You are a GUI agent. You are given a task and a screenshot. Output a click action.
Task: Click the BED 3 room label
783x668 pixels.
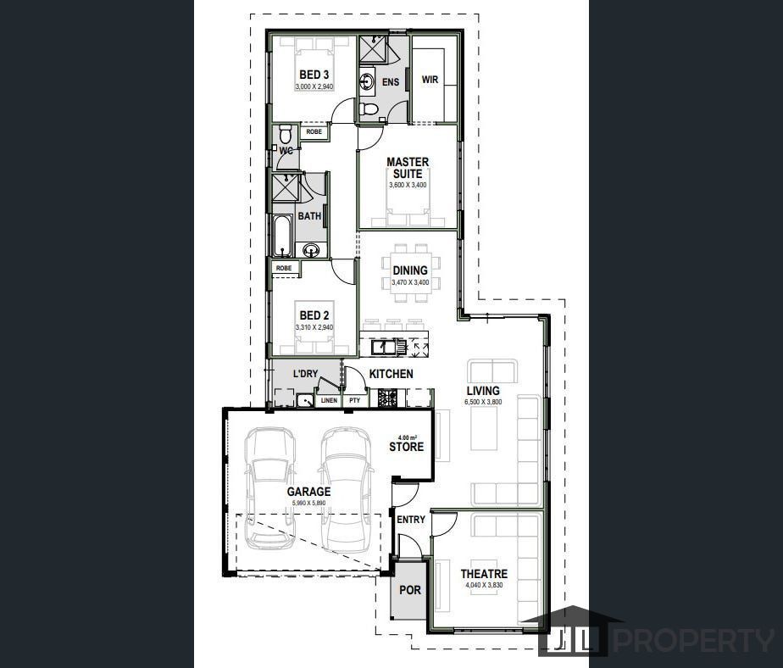[314, 75]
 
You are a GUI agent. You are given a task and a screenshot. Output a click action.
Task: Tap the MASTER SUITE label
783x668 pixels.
[408, 168]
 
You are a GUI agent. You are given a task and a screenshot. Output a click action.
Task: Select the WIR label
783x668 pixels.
[430, 80]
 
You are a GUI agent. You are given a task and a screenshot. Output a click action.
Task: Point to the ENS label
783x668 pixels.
[390, 82]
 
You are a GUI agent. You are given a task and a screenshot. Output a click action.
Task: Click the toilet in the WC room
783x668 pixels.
[286, 135]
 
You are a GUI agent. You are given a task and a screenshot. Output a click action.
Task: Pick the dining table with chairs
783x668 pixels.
[409, 271]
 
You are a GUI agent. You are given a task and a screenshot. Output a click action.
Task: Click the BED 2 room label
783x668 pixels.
[314, 315]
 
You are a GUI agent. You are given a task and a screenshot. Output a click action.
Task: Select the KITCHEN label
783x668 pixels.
[391, 374]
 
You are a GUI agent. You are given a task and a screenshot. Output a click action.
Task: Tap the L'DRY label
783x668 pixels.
[305, 374]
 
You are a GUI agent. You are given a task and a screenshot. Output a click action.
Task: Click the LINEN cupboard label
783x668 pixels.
[329, 400]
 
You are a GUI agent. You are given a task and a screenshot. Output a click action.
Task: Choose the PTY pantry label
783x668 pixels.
[354, 400]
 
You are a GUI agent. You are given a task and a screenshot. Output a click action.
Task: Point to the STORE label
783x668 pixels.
[406, 447]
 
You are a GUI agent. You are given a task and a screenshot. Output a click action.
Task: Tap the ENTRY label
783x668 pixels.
[411, 520]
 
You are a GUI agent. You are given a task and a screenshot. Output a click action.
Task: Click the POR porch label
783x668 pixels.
[410, 590]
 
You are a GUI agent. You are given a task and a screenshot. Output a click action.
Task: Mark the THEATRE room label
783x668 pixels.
[484, 574]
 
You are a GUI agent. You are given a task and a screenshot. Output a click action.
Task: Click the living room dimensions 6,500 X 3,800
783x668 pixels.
[483, 402]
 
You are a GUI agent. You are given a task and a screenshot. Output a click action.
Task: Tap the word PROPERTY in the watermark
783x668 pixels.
[692, 640]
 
